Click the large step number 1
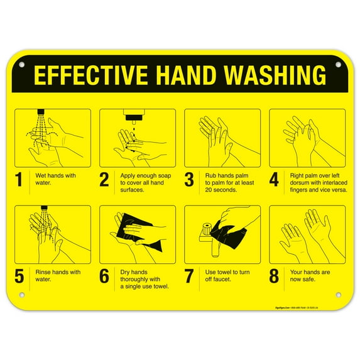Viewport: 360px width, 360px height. tap(19, 180)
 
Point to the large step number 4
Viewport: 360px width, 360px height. tap(274, 180)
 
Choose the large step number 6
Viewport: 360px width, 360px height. tap(104, 276)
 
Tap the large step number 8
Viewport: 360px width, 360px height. tap(274, 276)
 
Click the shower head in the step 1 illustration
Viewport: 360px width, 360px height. tap(40, 114)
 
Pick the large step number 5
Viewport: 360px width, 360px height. tap(19, 276)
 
